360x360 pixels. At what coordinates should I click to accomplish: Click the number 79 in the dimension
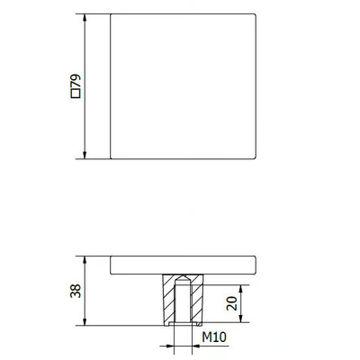(76, 81)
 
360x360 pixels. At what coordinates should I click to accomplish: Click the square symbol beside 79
(76, 94)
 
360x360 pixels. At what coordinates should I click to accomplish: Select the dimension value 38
(76, 291)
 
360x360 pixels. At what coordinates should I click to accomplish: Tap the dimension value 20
(232, 303)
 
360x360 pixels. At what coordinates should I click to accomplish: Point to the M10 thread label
(214, 337)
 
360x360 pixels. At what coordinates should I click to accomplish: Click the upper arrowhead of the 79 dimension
(85, 17)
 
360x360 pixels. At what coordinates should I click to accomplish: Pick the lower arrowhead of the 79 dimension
(85, 155)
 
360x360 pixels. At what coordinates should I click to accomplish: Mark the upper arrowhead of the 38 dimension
(85, 260)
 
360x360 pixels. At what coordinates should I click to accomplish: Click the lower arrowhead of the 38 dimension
(85, 321)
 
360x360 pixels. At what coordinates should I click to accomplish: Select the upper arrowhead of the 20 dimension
(241, 289)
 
